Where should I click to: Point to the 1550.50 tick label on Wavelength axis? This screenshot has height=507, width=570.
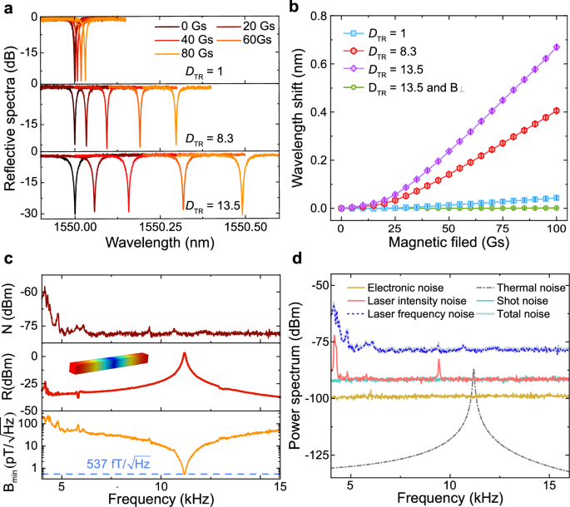pos(241,226)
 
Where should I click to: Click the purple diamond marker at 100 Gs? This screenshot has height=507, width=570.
pos(553,47)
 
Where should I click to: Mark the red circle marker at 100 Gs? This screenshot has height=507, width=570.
pos(553,111)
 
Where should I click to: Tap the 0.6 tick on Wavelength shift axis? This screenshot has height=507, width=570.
pos(322,62)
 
